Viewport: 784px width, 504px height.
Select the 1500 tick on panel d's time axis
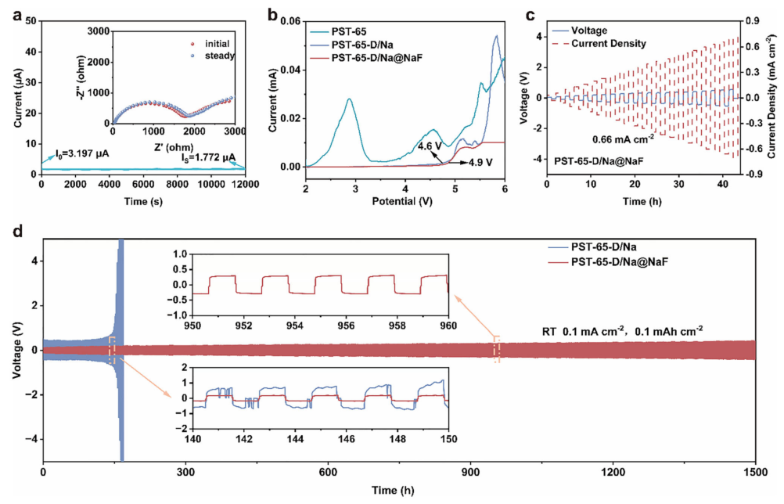pos(754,473)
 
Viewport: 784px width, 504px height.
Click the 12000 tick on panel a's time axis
pos(244,183)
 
